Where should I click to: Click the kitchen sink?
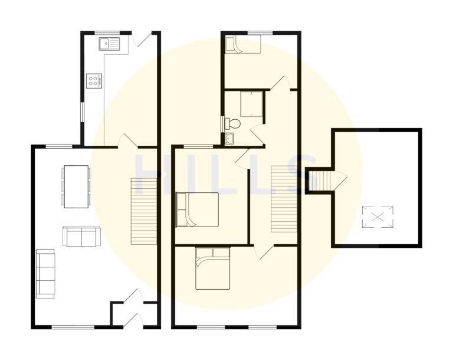tap(110, 42)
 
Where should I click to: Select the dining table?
tap(77, 186)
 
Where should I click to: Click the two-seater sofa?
tap(81, 237)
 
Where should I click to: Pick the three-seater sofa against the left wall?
tap(45, 272)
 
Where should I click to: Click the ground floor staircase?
tap(143, 211)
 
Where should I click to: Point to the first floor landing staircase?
tap(283, 199)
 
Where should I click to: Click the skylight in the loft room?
tap(377, 217)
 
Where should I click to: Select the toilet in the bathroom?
tap(234, 124)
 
